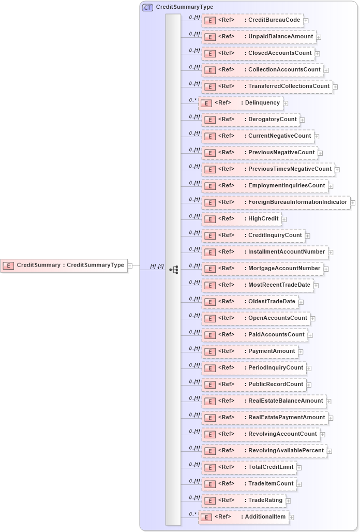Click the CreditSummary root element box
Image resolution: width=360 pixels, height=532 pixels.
pyautogui.click(x=64, y=265)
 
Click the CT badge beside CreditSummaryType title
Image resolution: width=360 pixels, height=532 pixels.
pyautogui.click(x=147, y=7)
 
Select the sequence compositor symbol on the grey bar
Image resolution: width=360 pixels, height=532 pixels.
pyautogui.click(x=174, y=270)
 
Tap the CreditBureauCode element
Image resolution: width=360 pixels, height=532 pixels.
pyautogui.click(x=252, y=20)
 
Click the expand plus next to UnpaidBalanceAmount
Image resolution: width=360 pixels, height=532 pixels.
pyautogui.click(x=319, y=37)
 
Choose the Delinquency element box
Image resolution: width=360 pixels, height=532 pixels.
pyautogui.click(x=241, y=103)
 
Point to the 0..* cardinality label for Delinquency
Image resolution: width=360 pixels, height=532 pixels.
pyautogui.click(x=192, y=100)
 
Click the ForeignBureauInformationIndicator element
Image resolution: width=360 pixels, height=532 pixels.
pyautogui.click(x=276, y=202)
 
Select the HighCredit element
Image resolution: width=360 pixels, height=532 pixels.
pyautogui.click(x=242, y=219)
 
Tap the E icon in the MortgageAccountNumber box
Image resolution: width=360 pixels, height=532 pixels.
pyautogui.click(x=209, y=269)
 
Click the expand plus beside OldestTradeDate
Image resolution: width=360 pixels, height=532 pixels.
pyautogui.click(x=301, y=302)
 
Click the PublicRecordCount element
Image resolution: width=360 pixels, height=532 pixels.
pyautogui.click(x=254, y=385)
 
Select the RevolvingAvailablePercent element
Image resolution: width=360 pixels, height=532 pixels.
pyautogui.click(x=264, y=451)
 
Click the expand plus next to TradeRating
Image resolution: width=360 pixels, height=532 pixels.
pyautogui.click(x=289, y=501)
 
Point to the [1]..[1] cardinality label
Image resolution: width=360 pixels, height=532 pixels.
pyautogui.click(x=157, y=267)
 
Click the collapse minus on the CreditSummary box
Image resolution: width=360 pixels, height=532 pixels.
pyautogui.click(x=130, y=265)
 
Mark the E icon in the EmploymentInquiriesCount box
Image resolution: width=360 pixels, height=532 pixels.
pyautogui.click(x=209, y=186)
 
